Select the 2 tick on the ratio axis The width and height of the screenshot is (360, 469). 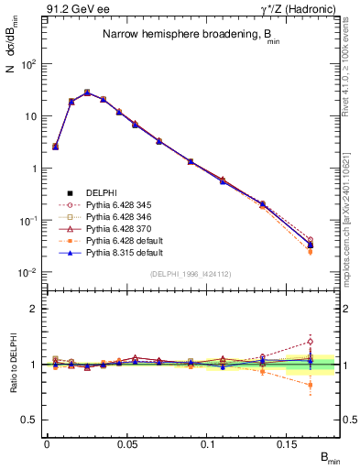(37, 309)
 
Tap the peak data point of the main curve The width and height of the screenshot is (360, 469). (87, 93)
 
